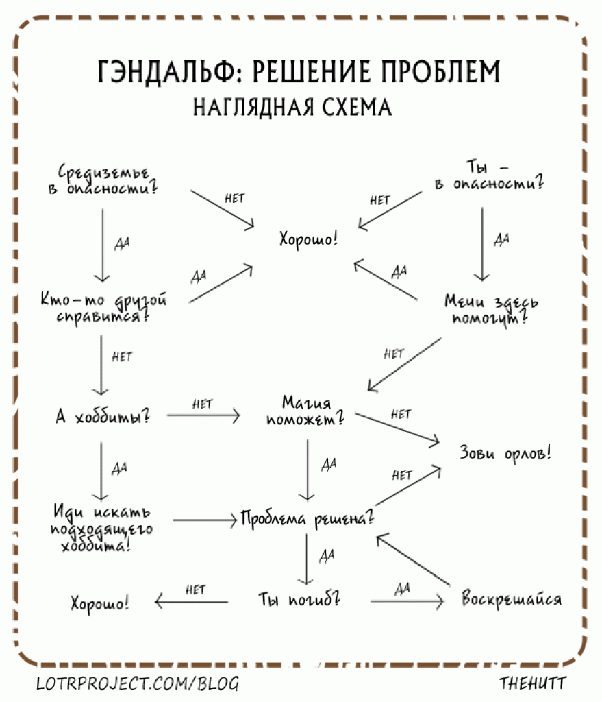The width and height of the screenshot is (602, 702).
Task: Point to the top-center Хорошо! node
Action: (x=308, y=240)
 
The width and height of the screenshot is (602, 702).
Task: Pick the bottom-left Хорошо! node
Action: (x=100, y=604)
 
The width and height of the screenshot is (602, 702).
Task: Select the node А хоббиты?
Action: (x=103, y=417)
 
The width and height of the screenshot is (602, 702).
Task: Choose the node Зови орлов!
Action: (x=505, y=453)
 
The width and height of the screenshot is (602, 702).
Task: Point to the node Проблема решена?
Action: (x=306, y=519)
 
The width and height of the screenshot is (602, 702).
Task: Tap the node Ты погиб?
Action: (x=299, y=600)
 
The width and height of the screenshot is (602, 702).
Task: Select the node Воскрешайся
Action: (x=512, y=599)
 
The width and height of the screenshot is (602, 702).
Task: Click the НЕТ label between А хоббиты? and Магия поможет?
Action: (x=203, y=404)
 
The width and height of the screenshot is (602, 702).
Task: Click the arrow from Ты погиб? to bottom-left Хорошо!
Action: (x=192, y=602)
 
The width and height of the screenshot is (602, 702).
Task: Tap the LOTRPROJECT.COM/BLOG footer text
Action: (x=137, y=683)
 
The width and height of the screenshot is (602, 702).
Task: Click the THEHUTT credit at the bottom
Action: (x=534, y=683)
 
